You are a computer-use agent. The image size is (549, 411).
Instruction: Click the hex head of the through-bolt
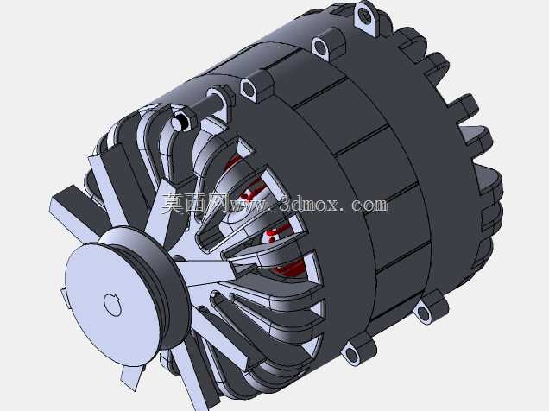tap(181, 121)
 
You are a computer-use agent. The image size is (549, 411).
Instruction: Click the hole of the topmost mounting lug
tap(365, 16)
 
